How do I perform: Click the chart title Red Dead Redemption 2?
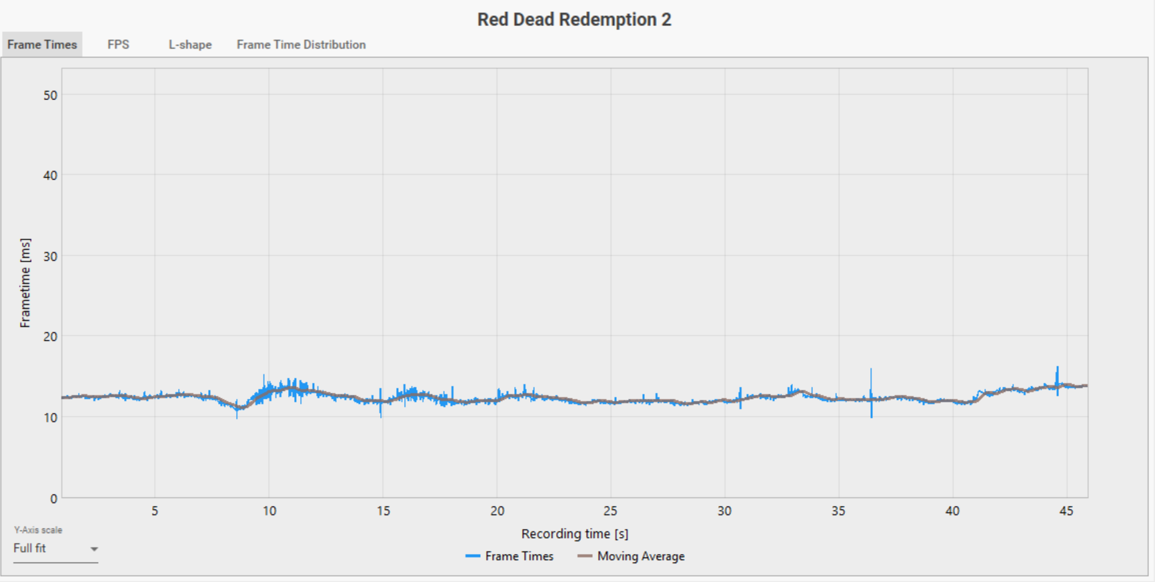574,19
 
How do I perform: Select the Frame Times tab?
42,45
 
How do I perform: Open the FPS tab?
118,45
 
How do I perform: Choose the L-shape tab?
190,45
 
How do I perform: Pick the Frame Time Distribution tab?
301,45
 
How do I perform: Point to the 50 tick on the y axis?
50,95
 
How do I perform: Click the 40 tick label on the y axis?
50,176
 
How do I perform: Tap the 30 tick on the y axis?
50,256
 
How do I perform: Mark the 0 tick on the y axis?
53,498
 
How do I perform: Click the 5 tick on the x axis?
155,511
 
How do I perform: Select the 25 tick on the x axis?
610,511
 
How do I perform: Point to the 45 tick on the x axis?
1066,511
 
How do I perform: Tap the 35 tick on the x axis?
838,511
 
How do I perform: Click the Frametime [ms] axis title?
25,282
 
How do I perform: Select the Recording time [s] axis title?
574,533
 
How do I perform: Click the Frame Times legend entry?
510,556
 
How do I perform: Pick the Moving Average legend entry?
632,556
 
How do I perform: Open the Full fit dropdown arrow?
94,549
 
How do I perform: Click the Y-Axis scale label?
38,530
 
